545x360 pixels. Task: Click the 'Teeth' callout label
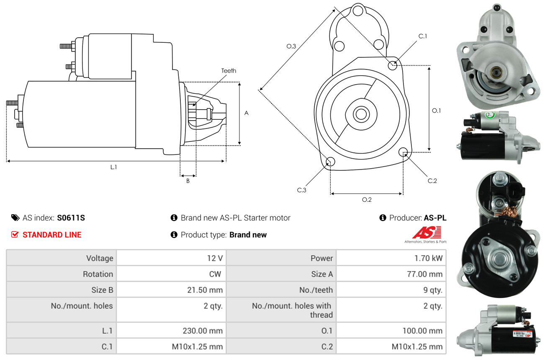pos(229,71)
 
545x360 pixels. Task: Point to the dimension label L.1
pos(113,167)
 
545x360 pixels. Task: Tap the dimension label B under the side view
pos(188,181)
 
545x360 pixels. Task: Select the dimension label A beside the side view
pos(247,113)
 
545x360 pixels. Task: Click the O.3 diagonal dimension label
pos(291,46)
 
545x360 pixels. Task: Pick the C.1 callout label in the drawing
pos(423,36)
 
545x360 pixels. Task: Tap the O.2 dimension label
pos(367,200)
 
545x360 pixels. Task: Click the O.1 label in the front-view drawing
pos(437,111)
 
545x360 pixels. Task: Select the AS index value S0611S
pos(71,218)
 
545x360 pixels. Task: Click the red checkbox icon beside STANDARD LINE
pos(15,234)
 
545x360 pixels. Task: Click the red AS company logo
pos(427,233)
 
